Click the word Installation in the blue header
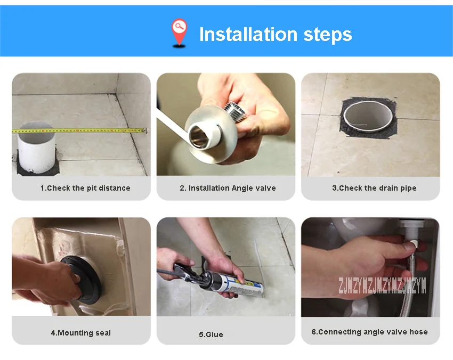coord(248,34)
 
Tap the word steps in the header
coord(328,35)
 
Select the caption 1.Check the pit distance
coord(85,188)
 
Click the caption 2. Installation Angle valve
coord(228,188)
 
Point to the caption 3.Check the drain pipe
coord(374,188)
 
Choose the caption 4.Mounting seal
coord(81,333)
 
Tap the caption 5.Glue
coord(211,334)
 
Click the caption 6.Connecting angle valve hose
coord(369,332)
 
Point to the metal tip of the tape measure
coord(144,130)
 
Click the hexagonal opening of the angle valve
coord(198,135)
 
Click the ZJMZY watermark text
coord(382,285)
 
